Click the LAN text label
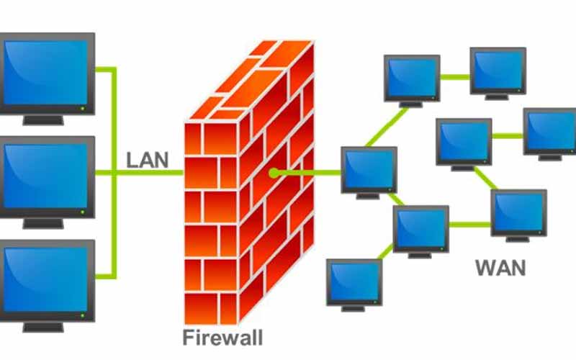pos(147,159)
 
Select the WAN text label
pos(500,269)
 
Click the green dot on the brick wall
pos(274,173)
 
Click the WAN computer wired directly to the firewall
pos(369,169)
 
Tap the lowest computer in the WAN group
pos(354,281)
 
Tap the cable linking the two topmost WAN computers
pos(456,76)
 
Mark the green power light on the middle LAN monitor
pos(84,212)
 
